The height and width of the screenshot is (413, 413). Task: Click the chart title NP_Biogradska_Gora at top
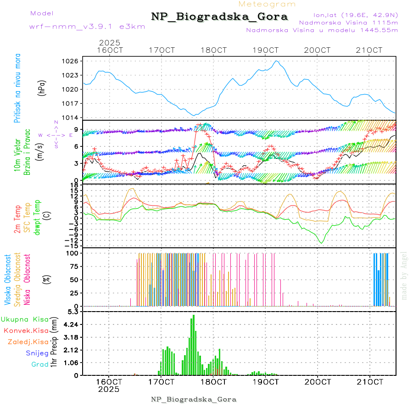point(219,17)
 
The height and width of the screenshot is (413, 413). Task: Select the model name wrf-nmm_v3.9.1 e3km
point(87,27)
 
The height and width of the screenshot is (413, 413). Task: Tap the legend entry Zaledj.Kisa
point(28,342)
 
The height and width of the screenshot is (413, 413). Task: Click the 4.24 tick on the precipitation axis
point(72,324)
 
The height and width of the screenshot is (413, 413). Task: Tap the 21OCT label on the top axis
point(370,50)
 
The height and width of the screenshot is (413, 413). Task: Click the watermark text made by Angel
point(404,275)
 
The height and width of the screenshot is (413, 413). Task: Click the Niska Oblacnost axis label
point(27,286)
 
